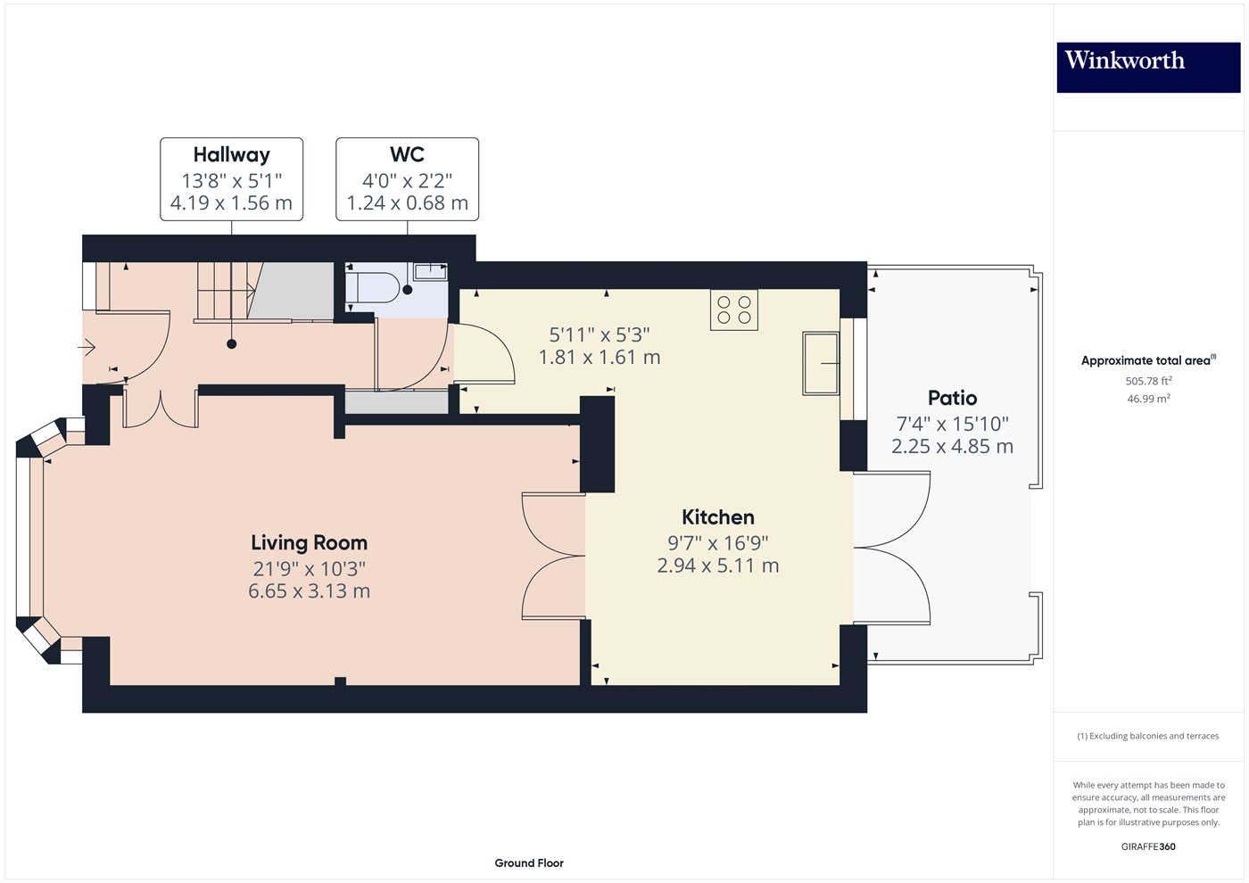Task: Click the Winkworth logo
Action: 1147,67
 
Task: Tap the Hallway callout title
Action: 231,155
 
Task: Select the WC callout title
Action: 407,155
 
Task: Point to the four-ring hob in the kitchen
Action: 733,309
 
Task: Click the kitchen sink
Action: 821,363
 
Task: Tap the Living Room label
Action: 309,542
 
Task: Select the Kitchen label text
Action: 717,517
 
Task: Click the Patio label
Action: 952,398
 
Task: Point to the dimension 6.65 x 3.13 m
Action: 309,590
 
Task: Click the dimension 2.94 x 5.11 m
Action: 717,565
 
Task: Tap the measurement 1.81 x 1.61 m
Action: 600,358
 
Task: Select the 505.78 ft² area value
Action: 1148,381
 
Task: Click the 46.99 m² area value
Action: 1148,399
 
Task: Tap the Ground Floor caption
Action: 529,862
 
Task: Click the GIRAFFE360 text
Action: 1148,846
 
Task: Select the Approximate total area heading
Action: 1146,360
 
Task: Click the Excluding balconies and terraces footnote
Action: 1148,736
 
